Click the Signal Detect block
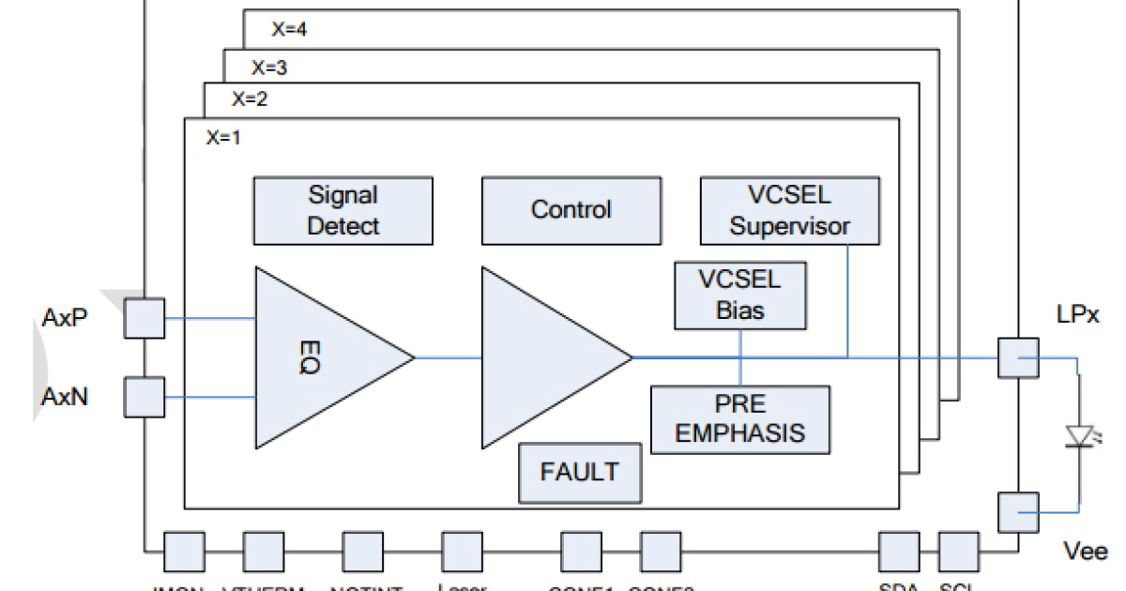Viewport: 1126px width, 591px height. click(x=343, y=210)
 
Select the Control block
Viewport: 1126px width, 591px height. click(x=571, y=210)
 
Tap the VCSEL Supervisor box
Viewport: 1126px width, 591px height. click(x=790, y=210)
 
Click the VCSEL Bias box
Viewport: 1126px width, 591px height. click(x=740, y=295)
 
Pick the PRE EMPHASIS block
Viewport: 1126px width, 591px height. click(x=740, y=419)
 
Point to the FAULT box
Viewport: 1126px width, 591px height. click(x=580, y=472)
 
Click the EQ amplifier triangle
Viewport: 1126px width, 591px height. click(x=319, y=357)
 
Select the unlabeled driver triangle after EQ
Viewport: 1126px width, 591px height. click(x=544, y=357)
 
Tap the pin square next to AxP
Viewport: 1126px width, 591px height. click(x=145, y=317)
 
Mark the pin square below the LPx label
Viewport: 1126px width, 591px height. click(x=1017, y=357)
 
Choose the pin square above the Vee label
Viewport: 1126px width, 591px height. click(x=1017, y=512)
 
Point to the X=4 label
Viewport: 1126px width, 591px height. click(x=290, y=29)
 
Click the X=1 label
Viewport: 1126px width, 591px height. click(x=223, y=137)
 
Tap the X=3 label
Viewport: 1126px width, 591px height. click(x=269, y=67)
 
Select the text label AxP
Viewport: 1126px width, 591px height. click(x=65, y=317)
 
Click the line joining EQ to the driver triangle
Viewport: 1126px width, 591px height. click(x=448, y=357)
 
